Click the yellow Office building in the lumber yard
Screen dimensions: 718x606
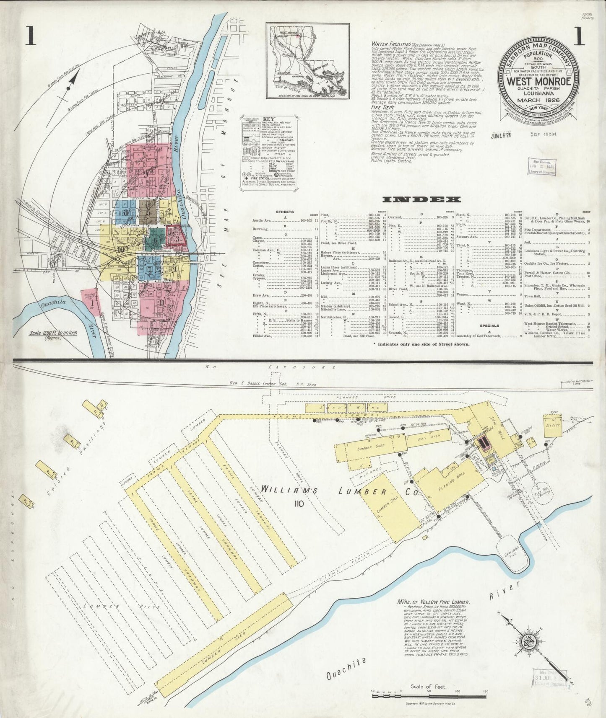(554, 425)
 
